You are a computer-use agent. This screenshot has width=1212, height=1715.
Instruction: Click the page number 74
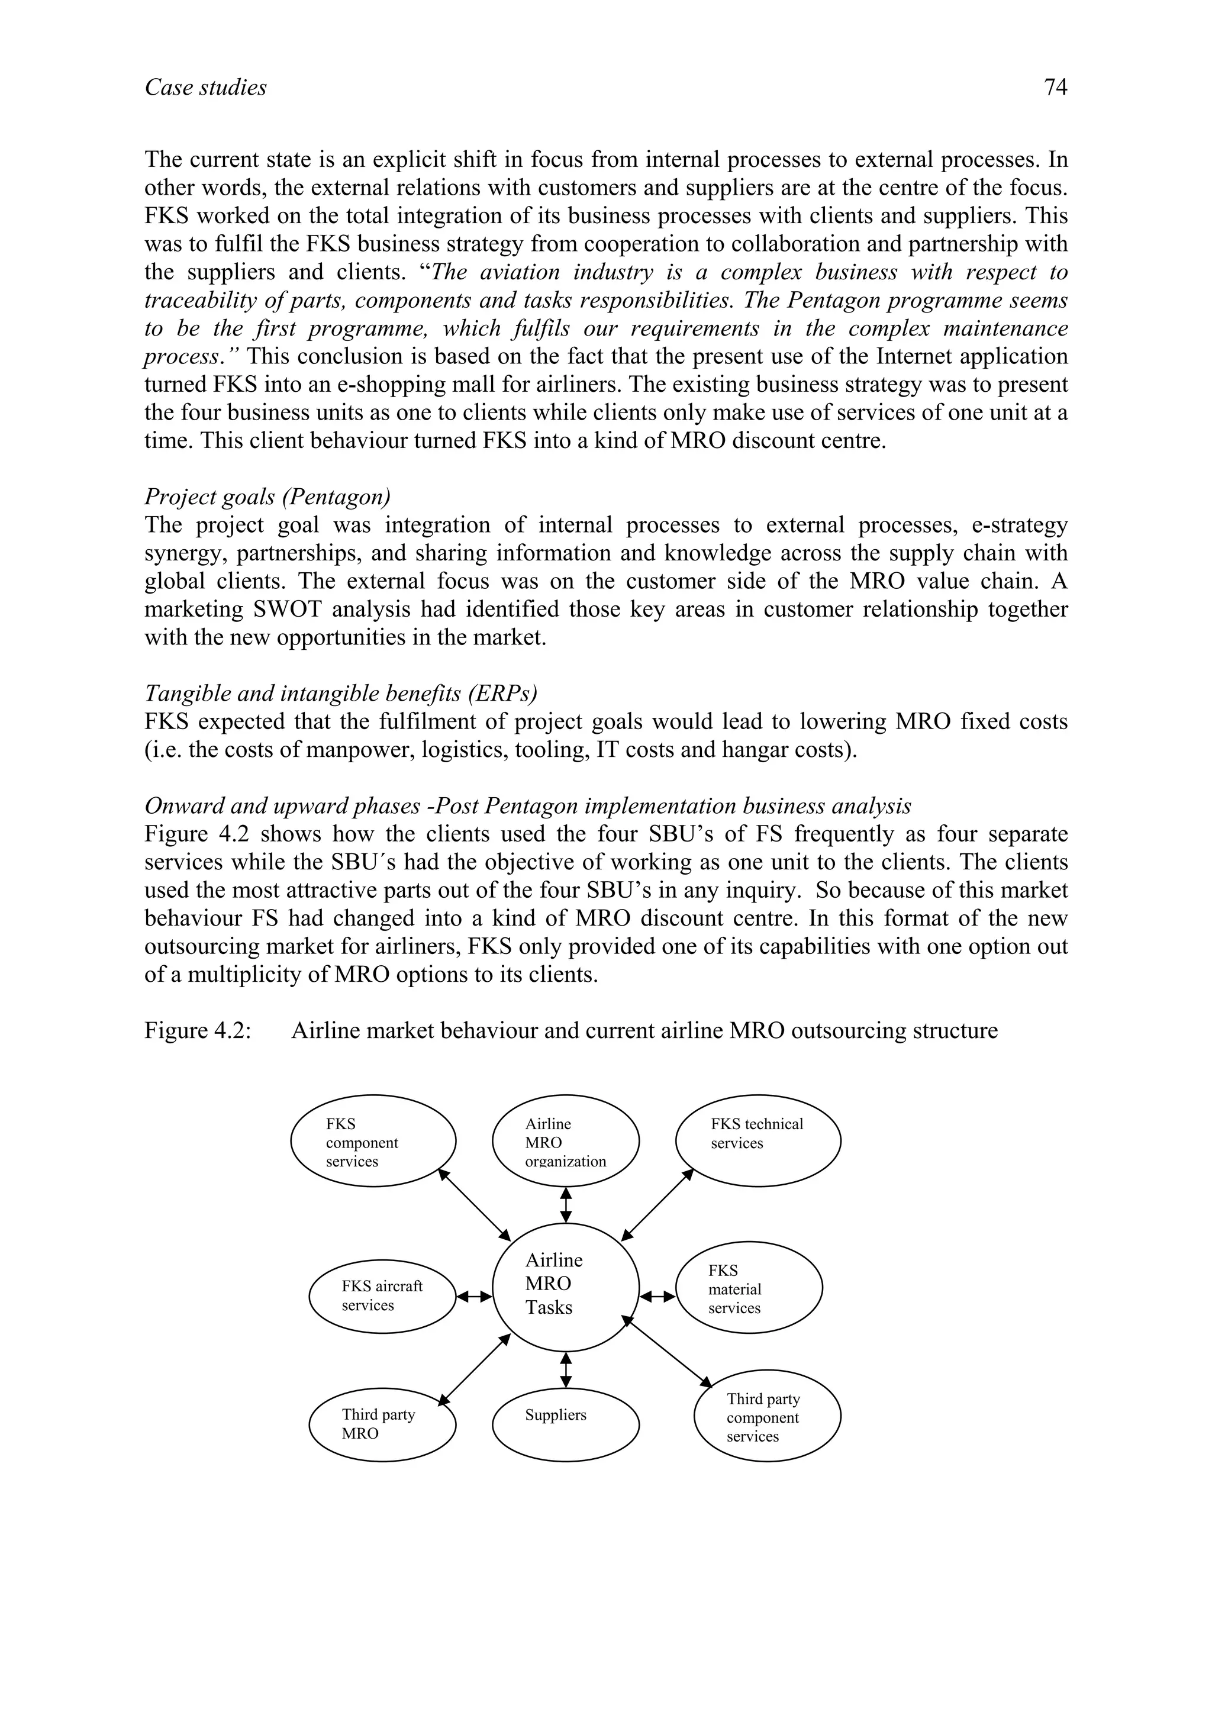click(x=1055, y=88)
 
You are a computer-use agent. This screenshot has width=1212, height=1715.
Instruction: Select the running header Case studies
click(x=205, y=88)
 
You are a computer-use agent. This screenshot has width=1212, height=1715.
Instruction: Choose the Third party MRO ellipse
click(x=382, y=1423)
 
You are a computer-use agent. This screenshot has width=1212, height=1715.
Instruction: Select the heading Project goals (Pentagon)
click(x=267, y=497)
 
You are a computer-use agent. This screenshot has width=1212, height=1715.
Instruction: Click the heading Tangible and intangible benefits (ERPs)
click(x=340, y=693)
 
